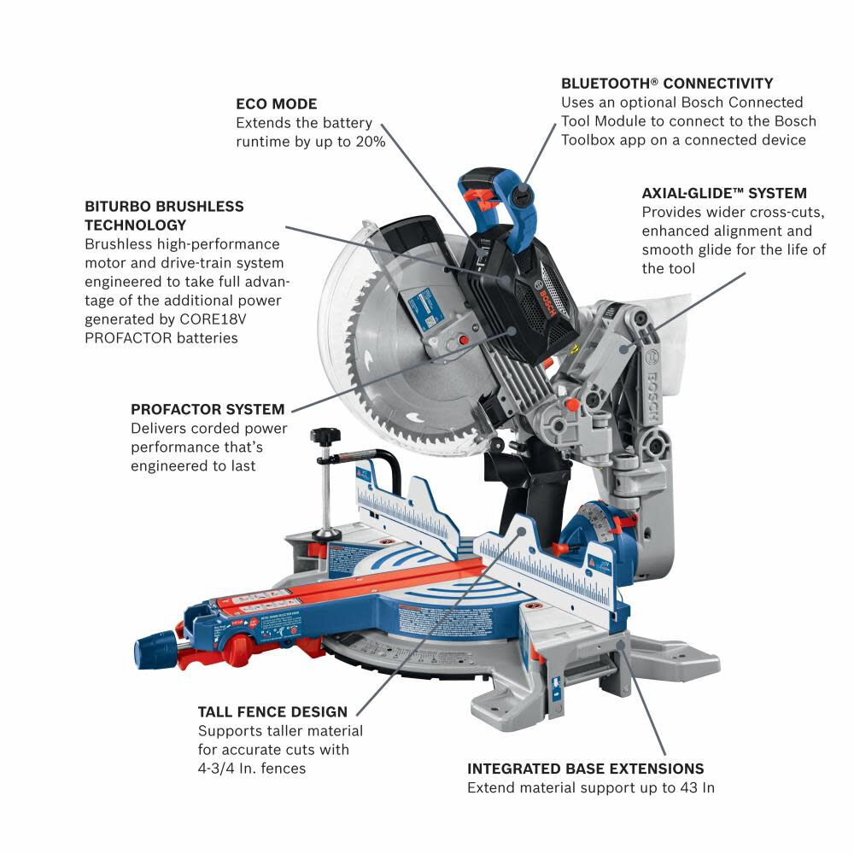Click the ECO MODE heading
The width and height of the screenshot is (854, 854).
(276, 104)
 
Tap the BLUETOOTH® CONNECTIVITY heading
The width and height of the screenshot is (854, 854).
(667, 84)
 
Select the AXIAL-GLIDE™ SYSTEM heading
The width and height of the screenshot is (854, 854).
(724, 194)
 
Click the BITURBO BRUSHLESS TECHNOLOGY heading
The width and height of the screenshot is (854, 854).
(164, 215)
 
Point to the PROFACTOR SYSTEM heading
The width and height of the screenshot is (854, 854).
(208, 409)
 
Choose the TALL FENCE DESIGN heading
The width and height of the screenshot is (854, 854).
(272, 711)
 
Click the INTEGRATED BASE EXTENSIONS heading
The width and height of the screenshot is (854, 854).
(585, 769)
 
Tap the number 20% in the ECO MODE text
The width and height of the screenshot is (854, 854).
(366, 142)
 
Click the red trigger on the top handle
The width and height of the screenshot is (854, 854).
(483, 202)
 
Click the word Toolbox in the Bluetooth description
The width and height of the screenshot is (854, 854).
(592, 140)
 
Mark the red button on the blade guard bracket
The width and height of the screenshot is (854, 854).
(465, 339)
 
